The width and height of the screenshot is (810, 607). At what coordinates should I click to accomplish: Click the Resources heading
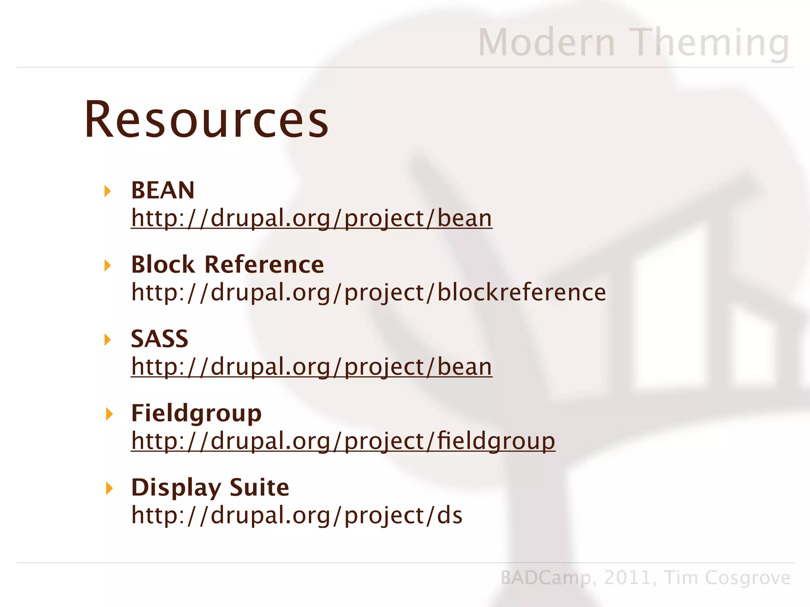tap(206, 119)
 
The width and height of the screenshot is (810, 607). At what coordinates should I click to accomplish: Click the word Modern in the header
tap(547, 43)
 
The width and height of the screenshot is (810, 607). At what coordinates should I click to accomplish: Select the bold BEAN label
tap(163, 190)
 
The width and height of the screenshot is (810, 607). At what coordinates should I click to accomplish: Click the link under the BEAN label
tap(311, 218)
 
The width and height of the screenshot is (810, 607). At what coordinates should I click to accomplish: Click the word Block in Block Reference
tap(163, 264)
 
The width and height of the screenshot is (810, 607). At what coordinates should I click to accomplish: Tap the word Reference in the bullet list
tap(264, 264)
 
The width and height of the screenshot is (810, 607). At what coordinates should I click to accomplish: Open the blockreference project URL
tap(368, 292)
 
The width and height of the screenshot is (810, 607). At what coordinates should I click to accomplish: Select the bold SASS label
tap(159, 339)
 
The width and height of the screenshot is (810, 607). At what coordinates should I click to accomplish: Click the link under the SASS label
tap(311, 367)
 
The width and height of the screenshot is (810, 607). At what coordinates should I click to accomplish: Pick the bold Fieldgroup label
tap(196, 413)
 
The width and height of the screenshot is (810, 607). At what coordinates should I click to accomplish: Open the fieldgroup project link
tap(343, 441)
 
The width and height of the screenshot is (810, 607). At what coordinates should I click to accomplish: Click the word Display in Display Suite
tap(176, 488)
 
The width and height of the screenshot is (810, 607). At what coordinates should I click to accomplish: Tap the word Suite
tap(259, 487)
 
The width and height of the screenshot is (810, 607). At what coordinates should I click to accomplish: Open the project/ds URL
tap(297, 515)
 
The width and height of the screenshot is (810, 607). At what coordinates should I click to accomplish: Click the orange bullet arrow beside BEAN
tap(107, 191)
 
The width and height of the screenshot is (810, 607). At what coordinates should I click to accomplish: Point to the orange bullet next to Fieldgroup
tap(109, 414)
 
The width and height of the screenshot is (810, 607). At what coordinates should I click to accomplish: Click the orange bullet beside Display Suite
tap(109, 488)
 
